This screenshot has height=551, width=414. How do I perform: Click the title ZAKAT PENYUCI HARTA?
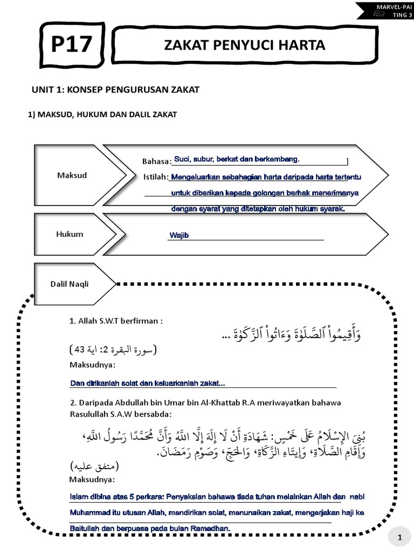(245, 46)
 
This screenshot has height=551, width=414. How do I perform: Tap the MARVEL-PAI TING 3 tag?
(384, 10)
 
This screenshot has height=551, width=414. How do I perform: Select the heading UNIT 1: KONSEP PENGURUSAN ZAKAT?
(115, 89)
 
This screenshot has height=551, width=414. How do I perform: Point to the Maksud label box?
(72, 175)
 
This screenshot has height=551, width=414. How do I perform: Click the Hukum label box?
(70, 234)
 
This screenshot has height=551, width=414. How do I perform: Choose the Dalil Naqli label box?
(70, 284)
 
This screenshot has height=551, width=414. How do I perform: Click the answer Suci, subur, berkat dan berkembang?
(236, 159)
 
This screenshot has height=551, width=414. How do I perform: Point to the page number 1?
(399, 537)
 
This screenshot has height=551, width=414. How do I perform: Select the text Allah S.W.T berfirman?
(120, 321)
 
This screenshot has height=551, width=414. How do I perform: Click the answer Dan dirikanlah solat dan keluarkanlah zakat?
(148, 384)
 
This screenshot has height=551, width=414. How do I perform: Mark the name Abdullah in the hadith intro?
(129, 403)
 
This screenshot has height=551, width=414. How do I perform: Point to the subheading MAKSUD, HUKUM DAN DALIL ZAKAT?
(102, 115)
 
